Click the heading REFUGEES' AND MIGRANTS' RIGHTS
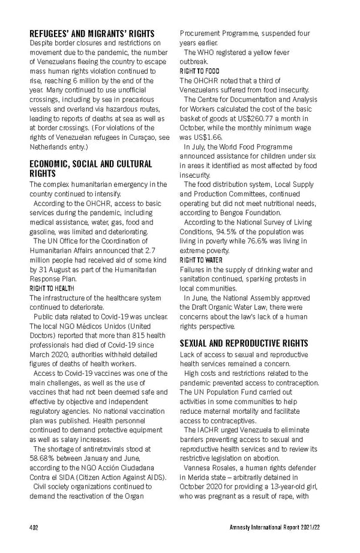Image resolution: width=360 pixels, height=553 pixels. point(92,34)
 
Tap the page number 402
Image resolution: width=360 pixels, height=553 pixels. point(35,529)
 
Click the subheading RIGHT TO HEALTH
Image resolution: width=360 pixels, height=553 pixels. point(52,289)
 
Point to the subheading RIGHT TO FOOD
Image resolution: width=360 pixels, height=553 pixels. point(200,71)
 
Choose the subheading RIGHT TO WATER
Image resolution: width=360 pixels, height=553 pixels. point(201,260)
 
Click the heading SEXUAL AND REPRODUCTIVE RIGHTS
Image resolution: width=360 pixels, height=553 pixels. point(244,343)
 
